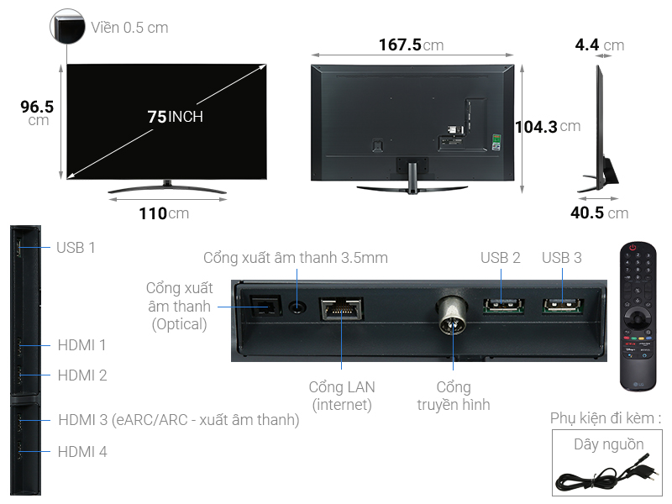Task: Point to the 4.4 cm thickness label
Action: click(599, 45)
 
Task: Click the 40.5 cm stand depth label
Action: click(599, 213)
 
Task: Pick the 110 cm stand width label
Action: click(164, 213)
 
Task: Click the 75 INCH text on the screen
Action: click(175, 117)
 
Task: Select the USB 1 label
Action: click(76, 247)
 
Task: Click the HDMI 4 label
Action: click(82, 452)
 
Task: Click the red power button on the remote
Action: click(636, 250)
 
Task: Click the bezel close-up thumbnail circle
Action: click(67, 27)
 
